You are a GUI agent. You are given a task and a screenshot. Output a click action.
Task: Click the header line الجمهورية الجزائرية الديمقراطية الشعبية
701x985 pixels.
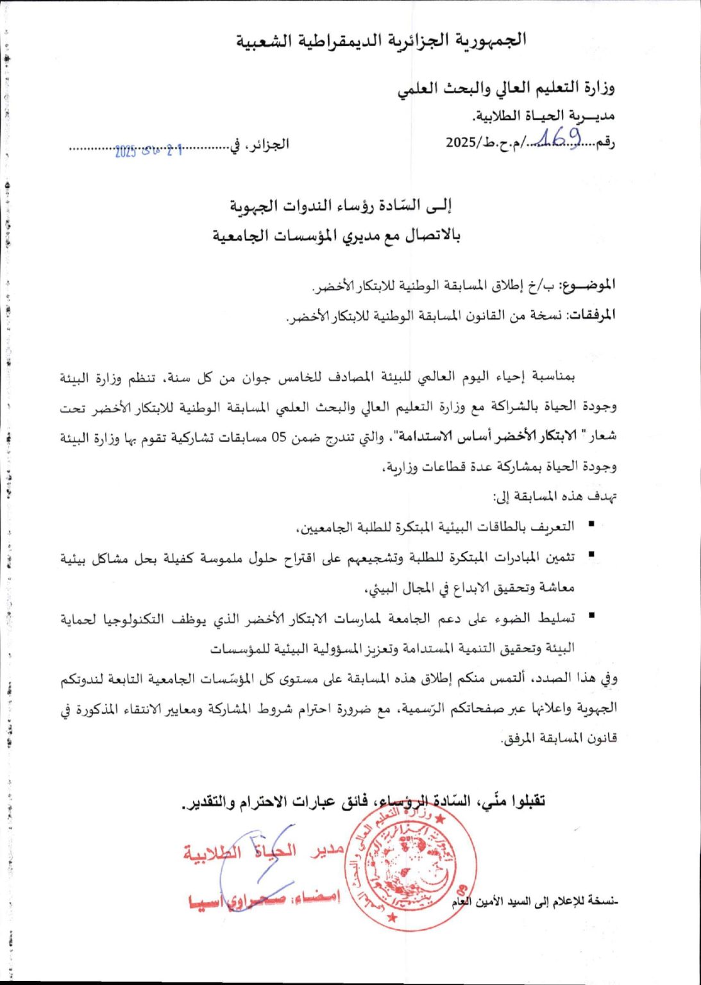point(382,40)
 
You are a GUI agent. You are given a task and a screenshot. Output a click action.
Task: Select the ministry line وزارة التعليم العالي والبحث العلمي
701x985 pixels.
point(506,88)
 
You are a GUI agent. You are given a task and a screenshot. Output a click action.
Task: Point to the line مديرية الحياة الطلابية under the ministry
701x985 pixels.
point(543,116)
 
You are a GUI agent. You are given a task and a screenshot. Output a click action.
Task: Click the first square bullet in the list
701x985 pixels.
point(591,525)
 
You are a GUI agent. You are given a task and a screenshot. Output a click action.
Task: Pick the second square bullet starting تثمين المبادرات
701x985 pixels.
point(591,553)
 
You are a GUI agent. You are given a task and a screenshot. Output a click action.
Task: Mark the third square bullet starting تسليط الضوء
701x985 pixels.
point(591,615)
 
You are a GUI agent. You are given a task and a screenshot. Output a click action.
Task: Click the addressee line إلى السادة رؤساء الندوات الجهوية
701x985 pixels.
point(341,206)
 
